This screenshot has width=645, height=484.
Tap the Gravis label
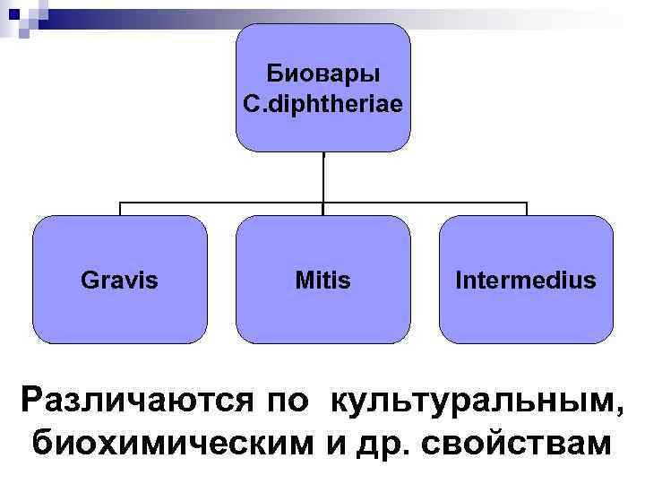(119, 281)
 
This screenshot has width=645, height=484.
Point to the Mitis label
(322, 281)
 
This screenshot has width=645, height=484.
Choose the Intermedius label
(525, 281)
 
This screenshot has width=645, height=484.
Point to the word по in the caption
(289, 401)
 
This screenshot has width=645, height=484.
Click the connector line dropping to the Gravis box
(120, 209)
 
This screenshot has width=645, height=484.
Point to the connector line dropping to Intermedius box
(526, 209)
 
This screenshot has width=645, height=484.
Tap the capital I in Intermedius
(459, 281)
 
